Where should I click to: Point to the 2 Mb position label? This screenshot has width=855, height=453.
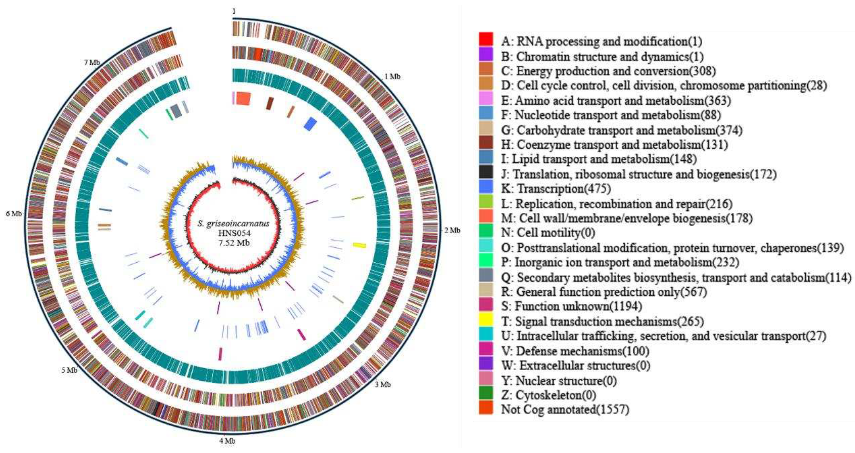point(452,230)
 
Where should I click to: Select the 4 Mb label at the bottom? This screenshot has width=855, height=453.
point(227,441)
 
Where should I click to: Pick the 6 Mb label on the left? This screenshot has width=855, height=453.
point(14,214)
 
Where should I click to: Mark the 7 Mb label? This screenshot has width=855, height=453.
point(92,62)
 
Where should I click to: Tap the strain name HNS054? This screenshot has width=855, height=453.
point(234,233)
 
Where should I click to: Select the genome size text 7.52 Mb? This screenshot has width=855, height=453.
point(234,243)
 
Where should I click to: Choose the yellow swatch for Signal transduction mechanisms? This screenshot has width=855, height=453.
point(486,320)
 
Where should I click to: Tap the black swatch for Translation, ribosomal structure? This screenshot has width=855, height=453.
point(486,172)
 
